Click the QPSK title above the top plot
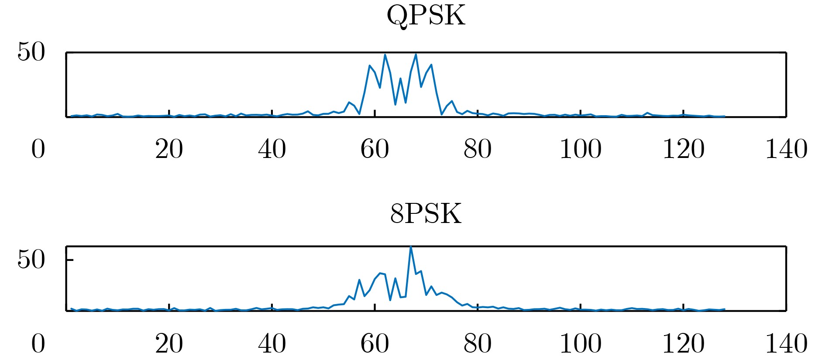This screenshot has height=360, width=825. coord(426,16)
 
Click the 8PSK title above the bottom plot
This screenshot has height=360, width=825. coord(426,214)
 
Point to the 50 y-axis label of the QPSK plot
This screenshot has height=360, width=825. coord(31,52)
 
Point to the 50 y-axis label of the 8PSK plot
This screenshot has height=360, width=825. coord(31,260)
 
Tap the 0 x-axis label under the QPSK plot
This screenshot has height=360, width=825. coord(38,149)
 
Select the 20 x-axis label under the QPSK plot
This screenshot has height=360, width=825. coord(169,149)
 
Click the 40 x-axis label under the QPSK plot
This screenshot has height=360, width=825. coord(272,149)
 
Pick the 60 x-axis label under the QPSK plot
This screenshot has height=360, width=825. coord(375,149)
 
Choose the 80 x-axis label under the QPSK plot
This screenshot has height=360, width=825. coord(478,149)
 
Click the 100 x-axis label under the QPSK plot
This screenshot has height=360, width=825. coord(581,149)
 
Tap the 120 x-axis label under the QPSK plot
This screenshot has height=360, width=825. coord(683,149)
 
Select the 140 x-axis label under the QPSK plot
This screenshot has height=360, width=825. coord(786,149)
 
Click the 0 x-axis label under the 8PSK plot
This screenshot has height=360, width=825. coord(38,343)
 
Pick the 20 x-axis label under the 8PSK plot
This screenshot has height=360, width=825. coord(169,343)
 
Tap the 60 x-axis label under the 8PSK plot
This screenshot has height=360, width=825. coord(375,343)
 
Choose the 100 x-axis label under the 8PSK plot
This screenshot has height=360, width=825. coord(581,343)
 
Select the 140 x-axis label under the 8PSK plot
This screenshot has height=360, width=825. coord(786,343)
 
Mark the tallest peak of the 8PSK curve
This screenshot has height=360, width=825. coord(411,247)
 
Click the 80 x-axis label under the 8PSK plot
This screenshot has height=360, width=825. coord(478,343)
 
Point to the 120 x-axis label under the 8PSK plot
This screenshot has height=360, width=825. coord(683,343)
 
